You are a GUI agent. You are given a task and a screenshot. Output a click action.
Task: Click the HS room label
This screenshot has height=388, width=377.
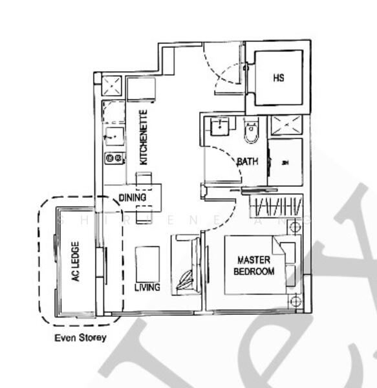coord(279,78)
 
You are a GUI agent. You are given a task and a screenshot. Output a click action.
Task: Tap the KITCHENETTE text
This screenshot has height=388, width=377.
coord(145,137)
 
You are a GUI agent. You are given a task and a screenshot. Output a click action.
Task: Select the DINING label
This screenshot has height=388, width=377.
coord(133,197)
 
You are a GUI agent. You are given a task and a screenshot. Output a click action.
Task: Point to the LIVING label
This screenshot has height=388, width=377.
coord(147,286)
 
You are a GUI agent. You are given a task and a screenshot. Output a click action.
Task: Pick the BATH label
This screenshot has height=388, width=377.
coord(247,162)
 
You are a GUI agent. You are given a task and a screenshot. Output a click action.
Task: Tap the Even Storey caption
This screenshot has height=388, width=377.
coord(81,338)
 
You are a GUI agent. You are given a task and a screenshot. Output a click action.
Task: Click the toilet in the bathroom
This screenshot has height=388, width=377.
coord(252,133)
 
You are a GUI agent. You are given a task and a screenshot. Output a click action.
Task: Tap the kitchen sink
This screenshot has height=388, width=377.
coord(115,135)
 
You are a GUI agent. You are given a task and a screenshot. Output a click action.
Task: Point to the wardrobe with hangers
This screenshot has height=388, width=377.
coord(276,207)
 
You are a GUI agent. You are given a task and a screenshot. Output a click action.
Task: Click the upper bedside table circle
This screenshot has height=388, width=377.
coord(295,225)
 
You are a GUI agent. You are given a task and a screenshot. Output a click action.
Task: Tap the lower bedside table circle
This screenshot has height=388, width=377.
coord(295,301)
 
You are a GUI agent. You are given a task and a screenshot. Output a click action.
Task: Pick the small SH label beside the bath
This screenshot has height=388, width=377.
coord(285,162)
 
